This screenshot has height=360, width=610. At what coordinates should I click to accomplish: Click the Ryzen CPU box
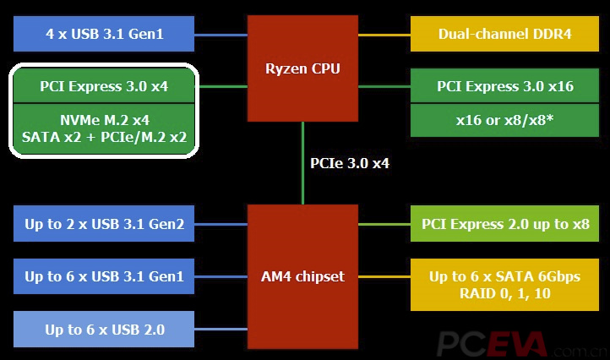(x=302, y=68)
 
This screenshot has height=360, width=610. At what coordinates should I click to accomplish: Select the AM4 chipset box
(x=302, y=276)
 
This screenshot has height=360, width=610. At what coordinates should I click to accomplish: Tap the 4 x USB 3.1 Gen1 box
(x=105, y=35)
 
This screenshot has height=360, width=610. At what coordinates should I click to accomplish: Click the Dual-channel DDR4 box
(x=504, y=35)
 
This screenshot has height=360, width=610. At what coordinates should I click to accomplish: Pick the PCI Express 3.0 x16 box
(x=504, y=86)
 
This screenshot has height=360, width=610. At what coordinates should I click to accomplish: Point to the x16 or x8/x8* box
(x=504, y=120)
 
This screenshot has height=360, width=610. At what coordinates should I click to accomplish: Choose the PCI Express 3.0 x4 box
(x=105, y=86)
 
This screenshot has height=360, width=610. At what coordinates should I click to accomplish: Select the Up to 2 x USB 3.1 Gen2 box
(x=105, y=224)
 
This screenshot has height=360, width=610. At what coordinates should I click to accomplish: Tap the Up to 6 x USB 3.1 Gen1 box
(x=105, y=276)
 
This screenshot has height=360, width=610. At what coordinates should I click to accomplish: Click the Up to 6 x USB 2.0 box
(x=105, y=329)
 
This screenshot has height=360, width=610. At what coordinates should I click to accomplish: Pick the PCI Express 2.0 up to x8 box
(x=504, y=224)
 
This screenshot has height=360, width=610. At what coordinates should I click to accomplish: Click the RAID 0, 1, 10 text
(x=504, y=293)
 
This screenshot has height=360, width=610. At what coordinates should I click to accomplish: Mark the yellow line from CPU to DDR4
(x=384, y=35)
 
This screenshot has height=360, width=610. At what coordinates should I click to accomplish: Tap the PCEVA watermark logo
(x=493, y=343)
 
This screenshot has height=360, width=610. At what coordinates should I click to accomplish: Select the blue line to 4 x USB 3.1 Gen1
(x=221, y=35)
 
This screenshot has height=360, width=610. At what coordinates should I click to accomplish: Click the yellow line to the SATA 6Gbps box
(x=384, y=276)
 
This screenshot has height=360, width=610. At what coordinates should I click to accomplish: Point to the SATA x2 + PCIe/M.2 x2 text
(x=105, y=136)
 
